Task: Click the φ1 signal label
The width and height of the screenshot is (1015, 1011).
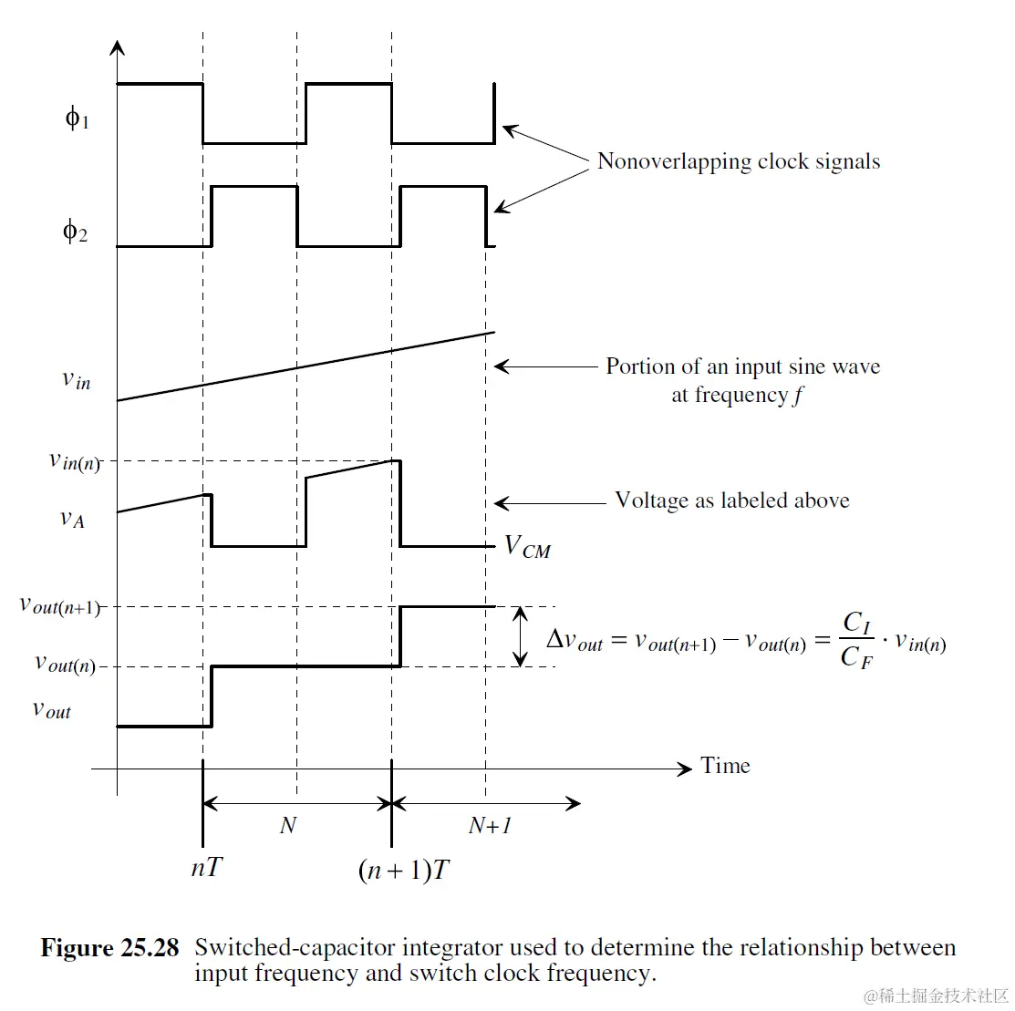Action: (x=77, y=118)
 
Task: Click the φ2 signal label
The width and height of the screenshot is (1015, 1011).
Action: (x=75, y=232)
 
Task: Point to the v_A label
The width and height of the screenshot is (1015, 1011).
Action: (x=72, y=519)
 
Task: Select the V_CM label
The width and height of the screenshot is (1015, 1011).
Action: (x=528, y=547)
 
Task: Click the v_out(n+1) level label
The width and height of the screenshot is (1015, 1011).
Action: (x=60, y=605)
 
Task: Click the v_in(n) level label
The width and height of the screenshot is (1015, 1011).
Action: (x=74, y=461)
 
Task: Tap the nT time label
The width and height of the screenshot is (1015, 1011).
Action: (x=206, y=868)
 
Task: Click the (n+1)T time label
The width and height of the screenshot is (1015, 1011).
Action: (x=404, y=871)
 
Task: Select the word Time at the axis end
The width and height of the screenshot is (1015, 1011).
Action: (x=725, y=766)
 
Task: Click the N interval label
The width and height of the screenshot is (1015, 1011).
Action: (x=288, y=826)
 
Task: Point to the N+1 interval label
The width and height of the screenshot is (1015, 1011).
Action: (x=490, y=826)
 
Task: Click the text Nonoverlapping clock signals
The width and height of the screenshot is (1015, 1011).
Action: (x=739, y=162)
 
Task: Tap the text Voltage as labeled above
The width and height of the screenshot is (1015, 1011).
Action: (x=732, y=500)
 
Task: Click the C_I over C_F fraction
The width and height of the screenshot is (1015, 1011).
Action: (x=857, y=640)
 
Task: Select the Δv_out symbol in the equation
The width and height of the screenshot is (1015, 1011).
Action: (x=575, y=640)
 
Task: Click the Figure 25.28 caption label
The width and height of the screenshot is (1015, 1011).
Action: (x=109, y=948)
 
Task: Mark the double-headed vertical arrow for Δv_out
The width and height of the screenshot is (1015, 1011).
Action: (x=521, y=636)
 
